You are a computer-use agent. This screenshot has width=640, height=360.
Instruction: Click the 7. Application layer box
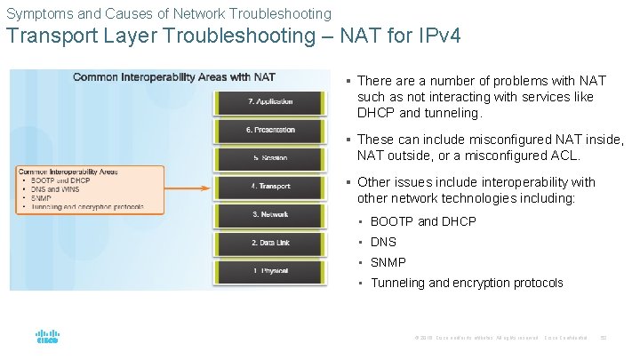270,101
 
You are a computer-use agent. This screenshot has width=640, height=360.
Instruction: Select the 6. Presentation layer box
270,130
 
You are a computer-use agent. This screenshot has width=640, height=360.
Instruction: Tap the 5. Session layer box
270,158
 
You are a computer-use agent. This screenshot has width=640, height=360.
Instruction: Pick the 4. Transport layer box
270,187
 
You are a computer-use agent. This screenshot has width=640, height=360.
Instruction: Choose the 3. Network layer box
270,214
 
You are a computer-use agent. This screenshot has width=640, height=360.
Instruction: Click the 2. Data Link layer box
270,243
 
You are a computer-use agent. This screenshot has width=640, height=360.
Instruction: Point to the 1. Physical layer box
270,270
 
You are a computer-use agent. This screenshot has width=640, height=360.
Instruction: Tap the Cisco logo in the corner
47,338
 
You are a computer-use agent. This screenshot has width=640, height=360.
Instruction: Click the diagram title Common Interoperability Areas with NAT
174,77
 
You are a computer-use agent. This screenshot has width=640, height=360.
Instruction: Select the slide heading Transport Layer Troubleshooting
234,38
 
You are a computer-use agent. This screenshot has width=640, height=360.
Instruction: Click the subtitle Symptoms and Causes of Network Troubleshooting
169,13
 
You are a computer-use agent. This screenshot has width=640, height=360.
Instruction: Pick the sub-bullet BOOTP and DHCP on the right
423,221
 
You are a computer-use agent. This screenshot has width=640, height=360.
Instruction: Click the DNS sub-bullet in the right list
383,242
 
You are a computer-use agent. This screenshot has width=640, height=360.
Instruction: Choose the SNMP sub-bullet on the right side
388,262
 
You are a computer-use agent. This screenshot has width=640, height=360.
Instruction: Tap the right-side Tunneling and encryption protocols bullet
467,283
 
